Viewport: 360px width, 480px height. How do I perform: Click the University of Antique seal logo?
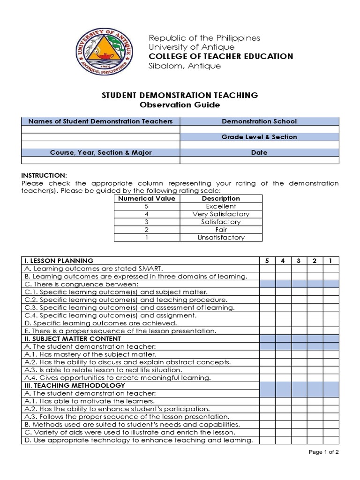[x=104, y=52]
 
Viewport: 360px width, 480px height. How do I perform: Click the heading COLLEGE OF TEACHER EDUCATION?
[x=221, y=56]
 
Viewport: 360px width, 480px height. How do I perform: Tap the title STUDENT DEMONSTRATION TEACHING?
[x=180, y=95]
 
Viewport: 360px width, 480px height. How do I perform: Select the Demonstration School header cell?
[x=259, y=121]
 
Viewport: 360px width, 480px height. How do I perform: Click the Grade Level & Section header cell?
[x=259, y=137]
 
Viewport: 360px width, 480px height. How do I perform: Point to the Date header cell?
[x=259, y=152]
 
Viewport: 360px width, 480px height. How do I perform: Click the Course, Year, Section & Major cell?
[x=101, y=152]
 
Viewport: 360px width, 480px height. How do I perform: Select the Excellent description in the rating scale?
[x=221, y=206]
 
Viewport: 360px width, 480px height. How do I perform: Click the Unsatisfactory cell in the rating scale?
[x=221, y=237]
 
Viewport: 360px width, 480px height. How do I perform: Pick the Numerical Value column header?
[x=147, y=198]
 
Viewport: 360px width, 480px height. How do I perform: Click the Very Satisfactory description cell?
[x=221, y=214]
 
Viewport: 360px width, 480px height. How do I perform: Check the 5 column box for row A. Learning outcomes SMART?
[x=267, y=269]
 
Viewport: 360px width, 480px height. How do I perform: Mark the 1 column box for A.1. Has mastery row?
[x=330, y=354]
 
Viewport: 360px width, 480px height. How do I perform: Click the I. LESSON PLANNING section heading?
[x=59, y=261]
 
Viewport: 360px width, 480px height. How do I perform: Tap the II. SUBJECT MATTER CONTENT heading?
[x=73, y=338]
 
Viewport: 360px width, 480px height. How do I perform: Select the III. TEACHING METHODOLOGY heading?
[x=75, y=385]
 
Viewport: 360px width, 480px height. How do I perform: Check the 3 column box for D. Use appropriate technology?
[x=299, y=440]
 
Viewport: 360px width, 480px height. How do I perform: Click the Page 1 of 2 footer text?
[x=323, y=452]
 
